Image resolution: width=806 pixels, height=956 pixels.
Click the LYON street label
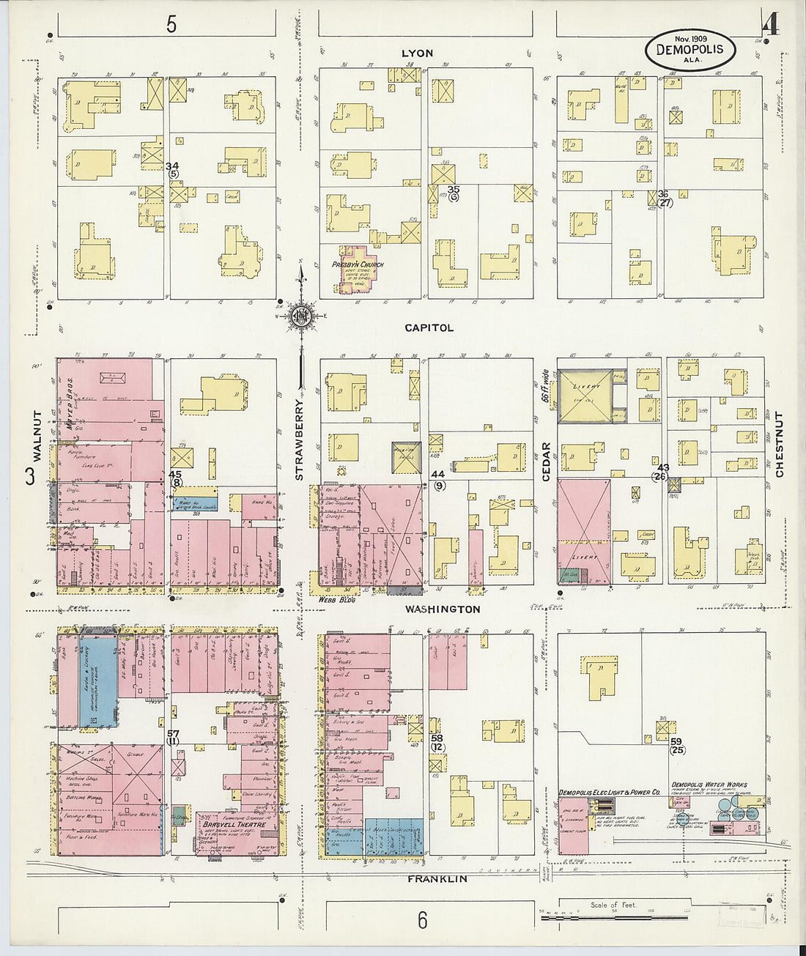[417, 53]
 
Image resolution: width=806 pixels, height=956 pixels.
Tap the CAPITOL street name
[429, 328]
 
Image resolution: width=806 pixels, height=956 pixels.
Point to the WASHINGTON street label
[443, 609]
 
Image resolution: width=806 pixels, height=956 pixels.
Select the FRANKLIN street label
[437, 878]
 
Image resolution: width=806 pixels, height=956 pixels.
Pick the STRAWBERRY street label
[299, 440]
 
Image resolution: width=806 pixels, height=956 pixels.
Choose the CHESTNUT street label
[779, 445]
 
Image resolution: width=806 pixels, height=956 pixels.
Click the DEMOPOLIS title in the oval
[689, 50]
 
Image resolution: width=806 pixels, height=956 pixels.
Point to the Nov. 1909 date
[689, 37]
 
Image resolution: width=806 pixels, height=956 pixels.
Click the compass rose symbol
[300, 316]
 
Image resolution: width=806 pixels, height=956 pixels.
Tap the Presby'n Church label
[358, 264]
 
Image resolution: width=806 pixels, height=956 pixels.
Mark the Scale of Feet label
[613, 905]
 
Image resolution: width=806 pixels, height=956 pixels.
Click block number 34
[172, 166]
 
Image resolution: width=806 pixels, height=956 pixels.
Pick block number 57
[173, 733]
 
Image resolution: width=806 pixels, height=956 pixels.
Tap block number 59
[676, 741]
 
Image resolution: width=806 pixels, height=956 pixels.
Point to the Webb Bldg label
[333, 599]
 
